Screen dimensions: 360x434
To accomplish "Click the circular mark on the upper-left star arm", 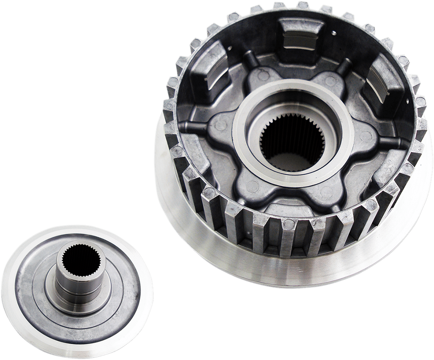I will [264, 76].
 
